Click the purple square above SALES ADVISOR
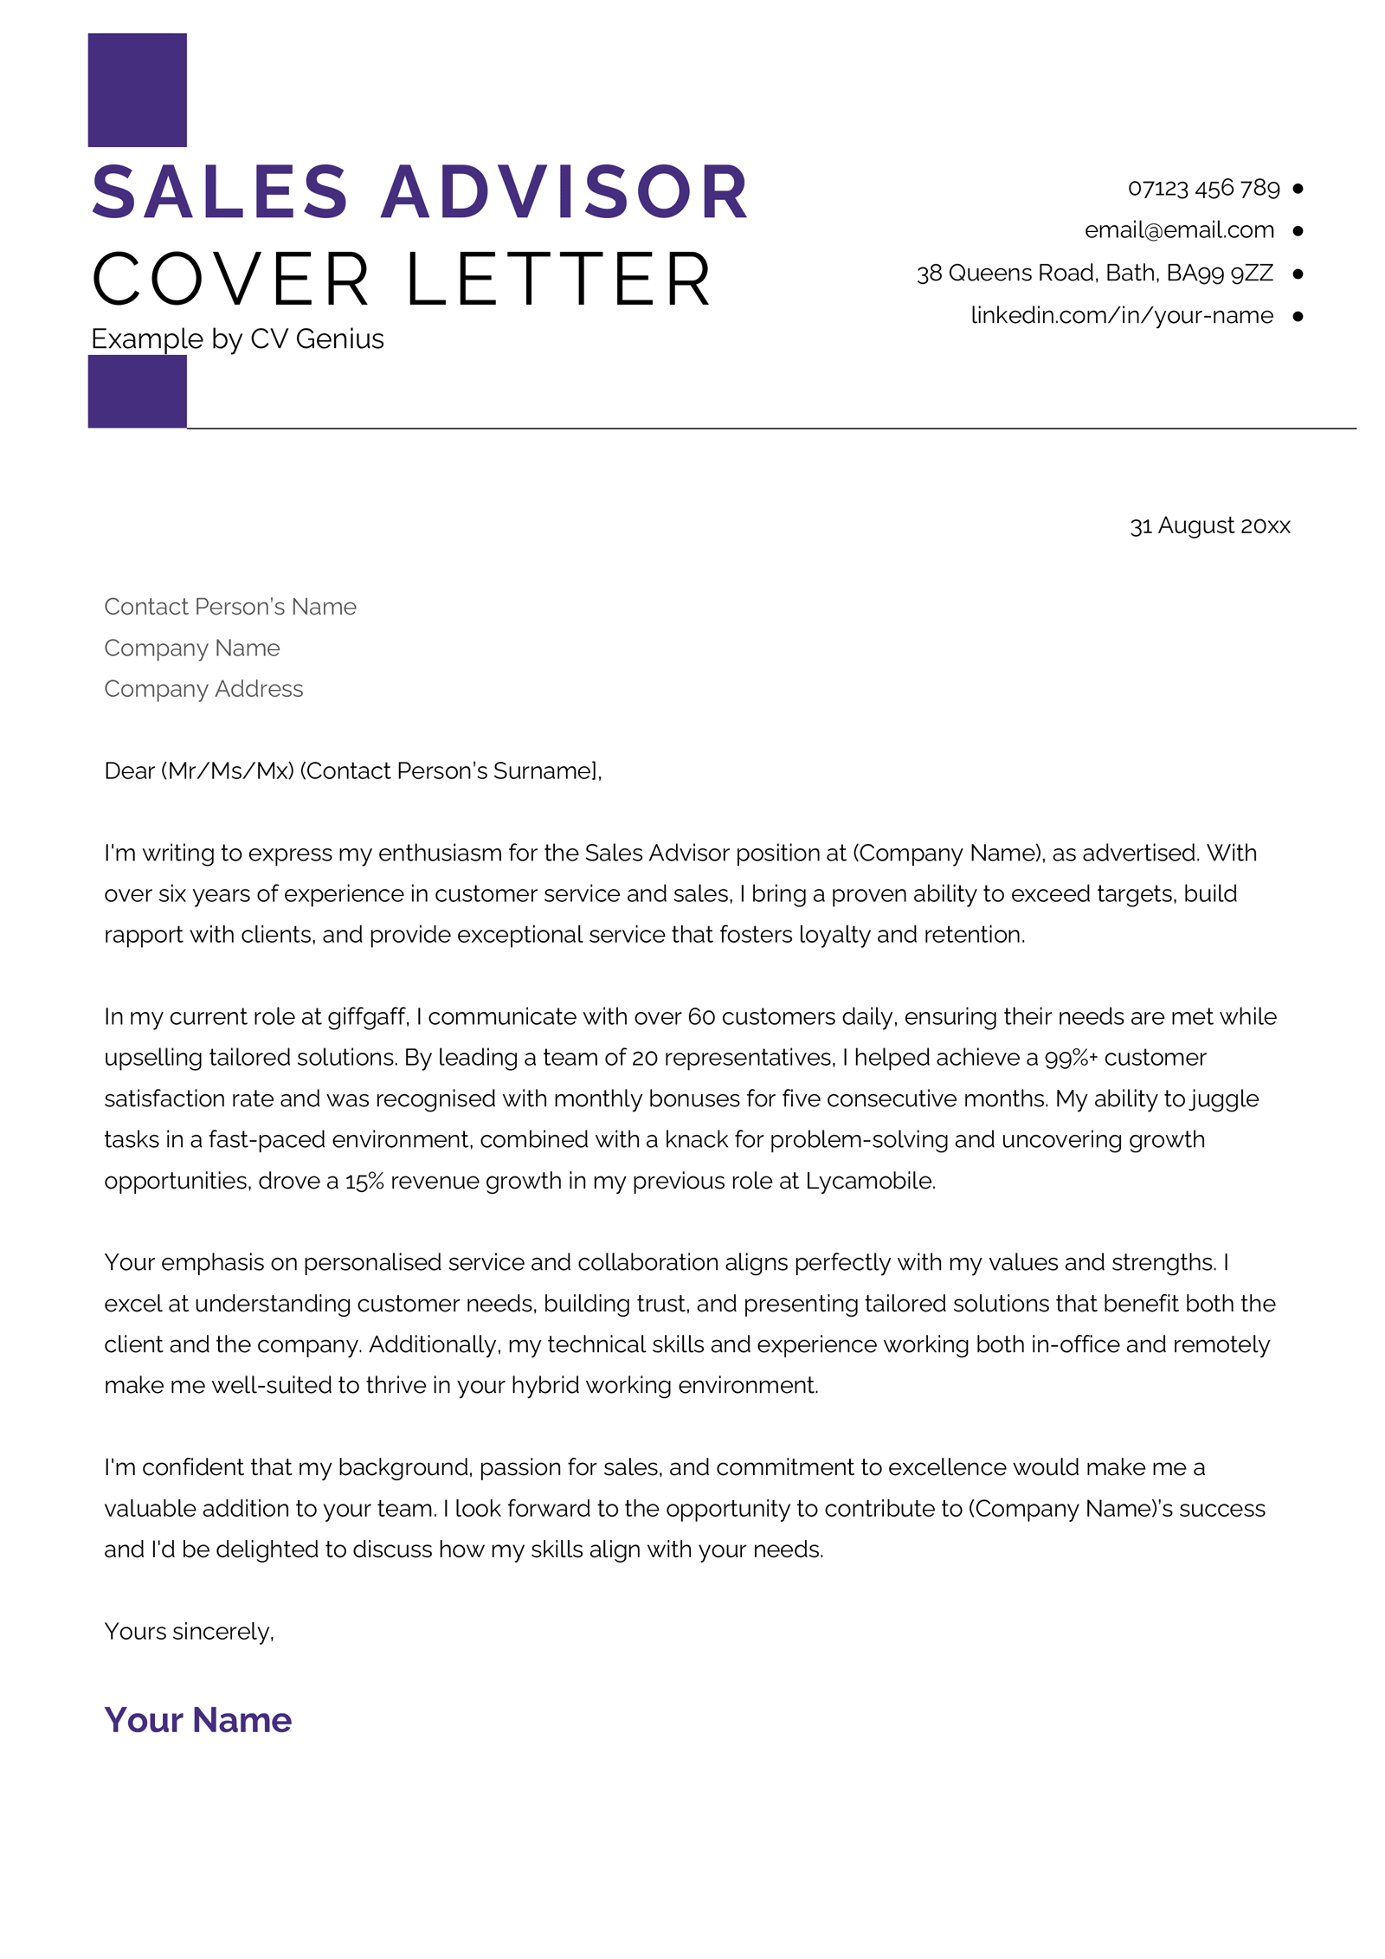137,90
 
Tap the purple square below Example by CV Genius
137,392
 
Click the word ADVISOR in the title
564,192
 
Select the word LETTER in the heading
558,280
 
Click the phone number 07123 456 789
1202,188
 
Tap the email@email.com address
1179,230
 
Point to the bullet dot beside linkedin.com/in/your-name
1298,316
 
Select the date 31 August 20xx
1209,525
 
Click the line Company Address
203,689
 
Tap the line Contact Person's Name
230,607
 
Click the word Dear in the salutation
129,771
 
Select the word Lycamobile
869,1181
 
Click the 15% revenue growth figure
364,1182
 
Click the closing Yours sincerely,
189,1632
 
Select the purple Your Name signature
197,1720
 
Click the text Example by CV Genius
237,339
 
